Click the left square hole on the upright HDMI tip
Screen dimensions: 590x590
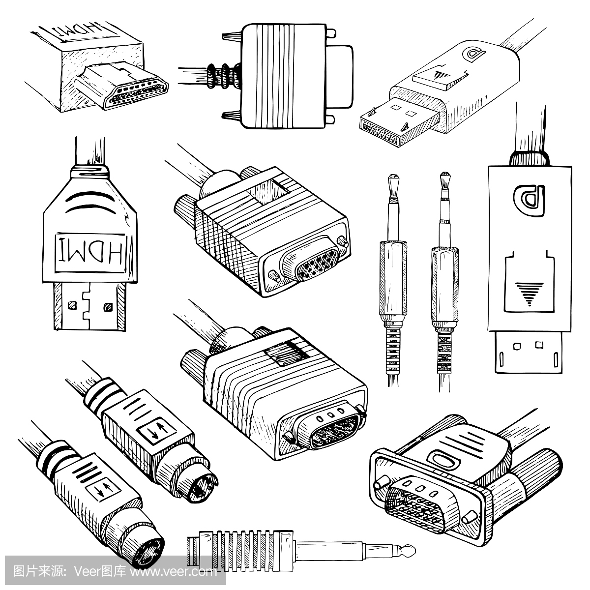(x=73, y=306)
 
